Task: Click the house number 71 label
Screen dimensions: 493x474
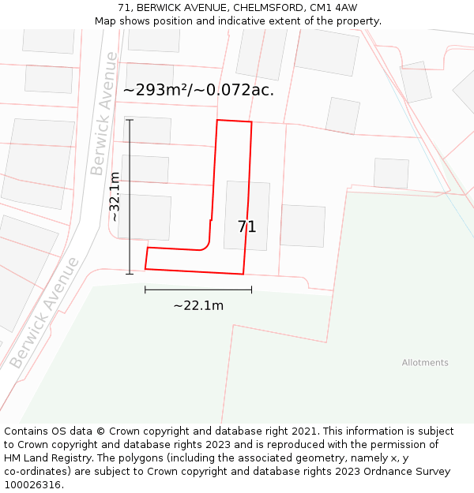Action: coord(246,227)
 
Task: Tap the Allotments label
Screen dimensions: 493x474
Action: coord(424,363)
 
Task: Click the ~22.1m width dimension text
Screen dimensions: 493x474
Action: coord(198,306)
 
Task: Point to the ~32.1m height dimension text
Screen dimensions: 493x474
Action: coord(115,196)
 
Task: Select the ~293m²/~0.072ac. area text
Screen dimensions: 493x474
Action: coord(198,90)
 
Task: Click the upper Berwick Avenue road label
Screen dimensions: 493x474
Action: coord(103,114)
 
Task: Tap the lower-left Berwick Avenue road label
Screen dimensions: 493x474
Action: coord(44,312)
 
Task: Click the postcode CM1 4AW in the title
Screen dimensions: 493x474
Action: coord(335,8)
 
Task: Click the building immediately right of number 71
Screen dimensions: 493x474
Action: coord(303,226)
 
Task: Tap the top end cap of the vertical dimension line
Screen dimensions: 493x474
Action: coord(130,120)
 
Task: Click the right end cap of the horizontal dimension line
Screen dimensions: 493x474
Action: coord(251,289)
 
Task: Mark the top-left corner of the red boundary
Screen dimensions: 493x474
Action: coord(217,121)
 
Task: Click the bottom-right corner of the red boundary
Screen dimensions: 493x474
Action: coord(243,275)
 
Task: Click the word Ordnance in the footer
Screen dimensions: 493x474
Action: coord(371,472)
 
